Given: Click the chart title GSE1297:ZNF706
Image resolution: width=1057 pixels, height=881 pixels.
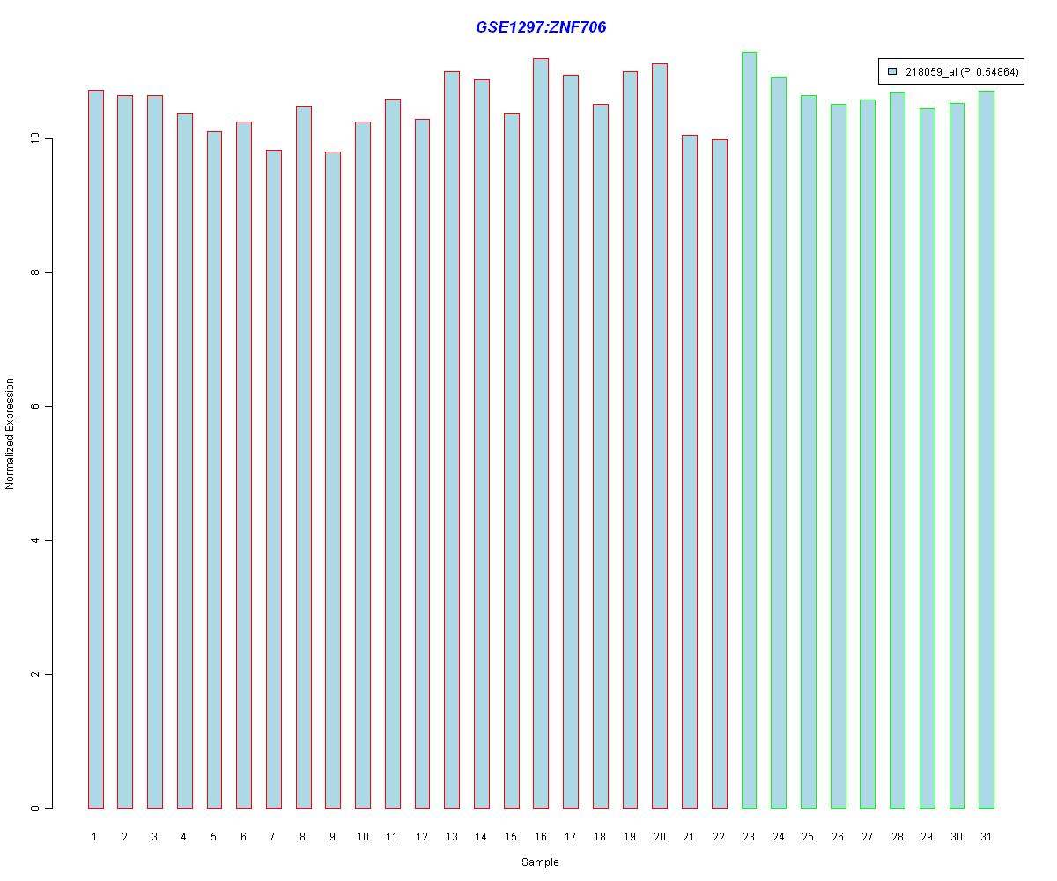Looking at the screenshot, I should click(x=541, y=27).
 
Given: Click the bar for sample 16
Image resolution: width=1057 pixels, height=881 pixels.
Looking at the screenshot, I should click(x=541, y=433).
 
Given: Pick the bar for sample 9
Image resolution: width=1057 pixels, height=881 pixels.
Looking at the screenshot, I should click(x=333, y=479).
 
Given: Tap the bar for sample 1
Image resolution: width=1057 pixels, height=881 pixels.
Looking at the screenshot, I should click(x=95, y=448).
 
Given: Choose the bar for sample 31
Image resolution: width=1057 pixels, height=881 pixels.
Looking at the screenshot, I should click(x=987, y=449).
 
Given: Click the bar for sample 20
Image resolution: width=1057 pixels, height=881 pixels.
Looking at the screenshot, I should click(x=660, y=435).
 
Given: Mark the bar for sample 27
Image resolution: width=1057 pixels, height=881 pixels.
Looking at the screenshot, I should click(x=868, y=454).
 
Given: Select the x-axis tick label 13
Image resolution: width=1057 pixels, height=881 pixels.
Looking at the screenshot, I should click(x=452, y=837).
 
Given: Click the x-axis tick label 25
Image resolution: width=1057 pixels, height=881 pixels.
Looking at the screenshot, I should click(x=808, y=837).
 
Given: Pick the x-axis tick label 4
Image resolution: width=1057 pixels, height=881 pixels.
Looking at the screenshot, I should click(x=184, y=837).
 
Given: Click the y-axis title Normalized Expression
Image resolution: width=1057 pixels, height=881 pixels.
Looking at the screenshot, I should click(x=11, y=433).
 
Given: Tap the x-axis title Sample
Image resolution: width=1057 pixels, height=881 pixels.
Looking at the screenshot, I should click(x=540, y=862).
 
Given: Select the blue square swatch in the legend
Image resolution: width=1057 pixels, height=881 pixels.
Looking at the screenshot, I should click(x=892, y=72).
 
